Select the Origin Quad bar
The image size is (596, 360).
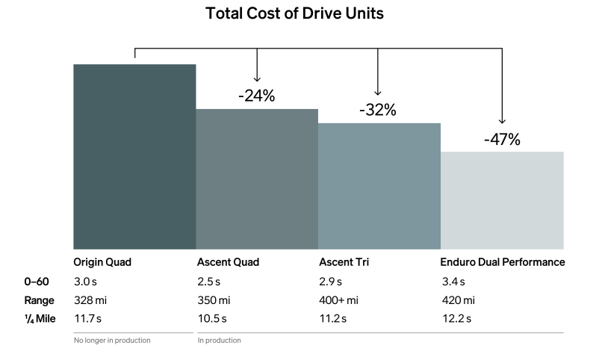[x=134, y=156]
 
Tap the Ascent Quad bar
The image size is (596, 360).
[x=257, y=179]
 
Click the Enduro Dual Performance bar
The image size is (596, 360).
[x=502, y=199]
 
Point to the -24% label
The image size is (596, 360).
[x=257, y=96]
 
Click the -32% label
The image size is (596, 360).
[x=378, y=110]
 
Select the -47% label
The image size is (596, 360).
[x=502, y=139]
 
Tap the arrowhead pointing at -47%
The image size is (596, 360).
[x=502, y=121]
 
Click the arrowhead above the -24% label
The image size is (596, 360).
[x=257, y=78]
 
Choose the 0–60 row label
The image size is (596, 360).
[x=37, y=282]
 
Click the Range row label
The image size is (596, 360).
[x=39, y=300]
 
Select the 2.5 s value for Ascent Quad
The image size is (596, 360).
[x=208, y=282]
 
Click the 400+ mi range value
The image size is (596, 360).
[x=338, y=300]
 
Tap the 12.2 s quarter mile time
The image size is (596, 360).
[x=456, y=319]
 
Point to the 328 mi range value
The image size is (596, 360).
[x=90, y=300]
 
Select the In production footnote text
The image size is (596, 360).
[x=219, y=341]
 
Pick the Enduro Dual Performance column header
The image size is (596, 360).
[x=501, y=262]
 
